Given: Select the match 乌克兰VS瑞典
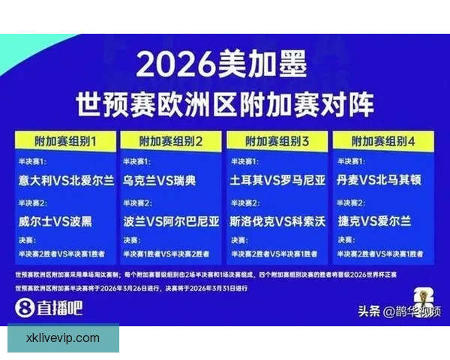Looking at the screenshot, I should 160,181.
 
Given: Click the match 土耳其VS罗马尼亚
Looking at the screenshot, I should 277,181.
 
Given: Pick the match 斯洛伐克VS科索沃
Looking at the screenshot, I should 277,221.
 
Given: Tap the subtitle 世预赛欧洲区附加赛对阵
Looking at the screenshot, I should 224,103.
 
